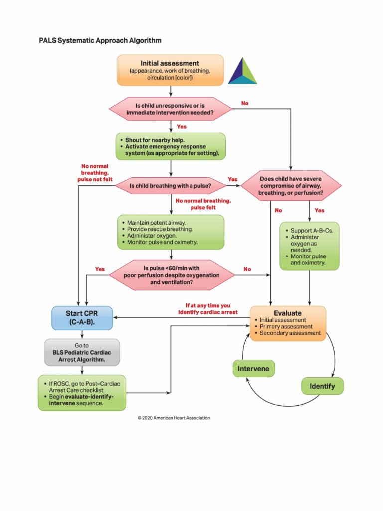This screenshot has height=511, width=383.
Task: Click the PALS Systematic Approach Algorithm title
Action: [x=100, y=40]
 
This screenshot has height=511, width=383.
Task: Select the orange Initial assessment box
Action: [x=170, y=70]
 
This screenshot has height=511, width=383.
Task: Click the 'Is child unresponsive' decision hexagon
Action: [x=171, y=109]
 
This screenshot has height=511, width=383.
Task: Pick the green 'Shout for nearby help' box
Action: [x=171, y=146]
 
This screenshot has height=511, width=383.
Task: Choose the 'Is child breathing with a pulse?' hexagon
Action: [x=171, y=186]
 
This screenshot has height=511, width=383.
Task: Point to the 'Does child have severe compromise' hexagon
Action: [x=291, y=186]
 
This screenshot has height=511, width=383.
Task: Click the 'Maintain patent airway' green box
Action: [x=171, y=232]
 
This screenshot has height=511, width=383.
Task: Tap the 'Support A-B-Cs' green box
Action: [x=309, y=246]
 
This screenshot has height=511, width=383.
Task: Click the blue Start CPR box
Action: [x=82, y=318]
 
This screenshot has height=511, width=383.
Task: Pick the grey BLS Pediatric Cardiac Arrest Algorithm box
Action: [x=82, y=352]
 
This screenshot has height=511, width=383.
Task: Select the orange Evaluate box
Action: [x=288, y=323]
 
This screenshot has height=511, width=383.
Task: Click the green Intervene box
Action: [x=254, y=369]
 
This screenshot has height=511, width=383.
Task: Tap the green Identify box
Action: [x=322, y=386]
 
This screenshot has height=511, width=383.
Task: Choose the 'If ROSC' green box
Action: [x=82, y=393]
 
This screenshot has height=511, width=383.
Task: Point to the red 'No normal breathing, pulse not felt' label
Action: [x=94, y=172]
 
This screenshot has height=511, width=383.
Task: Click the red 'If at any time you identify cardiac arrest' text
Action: [x=208, y=308]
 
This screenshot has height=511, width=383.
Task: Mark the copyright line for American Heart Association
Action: [x=174, y=418]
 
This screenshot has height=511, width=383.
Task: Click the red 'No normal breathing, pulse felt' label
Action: [x=203, y=204]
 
